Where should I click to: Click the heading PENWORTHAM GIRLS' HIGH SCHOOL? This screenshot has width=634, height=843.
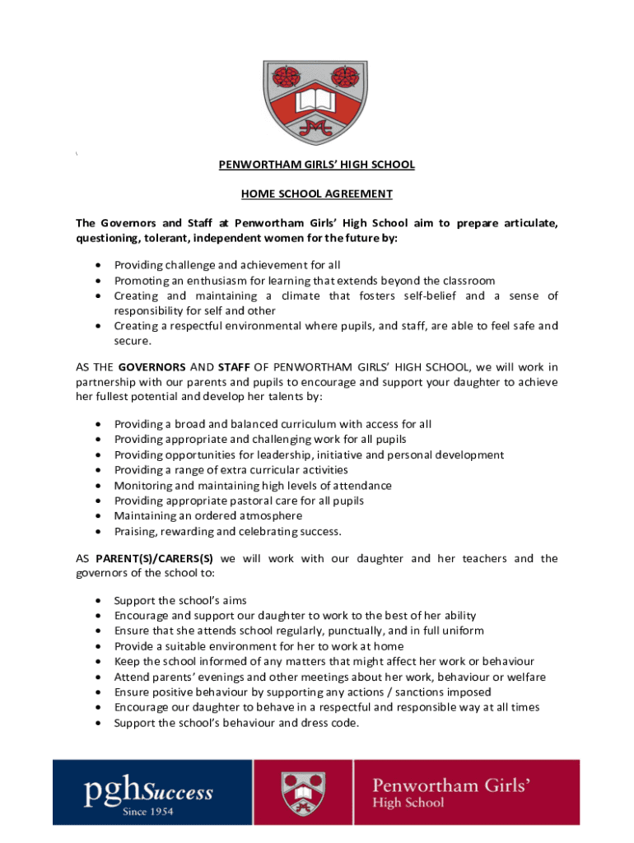point(316,165)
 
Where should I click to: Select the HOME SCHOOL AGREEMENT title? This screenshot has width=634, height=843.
point(316,194)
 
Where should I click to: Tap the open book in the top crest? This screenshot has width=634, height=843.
point(316,101)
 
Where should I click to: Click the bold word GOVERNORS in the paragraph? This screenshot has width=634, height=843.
point(152,366)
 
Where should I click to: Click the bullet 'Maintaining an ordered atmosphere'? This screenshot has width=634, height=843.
point(207,516)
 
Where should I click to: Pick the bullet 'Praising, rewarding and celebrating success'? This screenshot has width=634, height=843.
point(227,531)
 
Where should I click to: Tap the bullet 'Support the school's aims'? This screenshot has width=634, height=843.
point(179,600)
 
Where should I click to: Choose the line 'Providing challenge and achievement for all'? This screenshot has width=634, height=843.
point(226,265)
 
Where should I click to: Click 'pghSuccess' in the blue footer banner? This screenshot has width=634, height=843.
point(148,792)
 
